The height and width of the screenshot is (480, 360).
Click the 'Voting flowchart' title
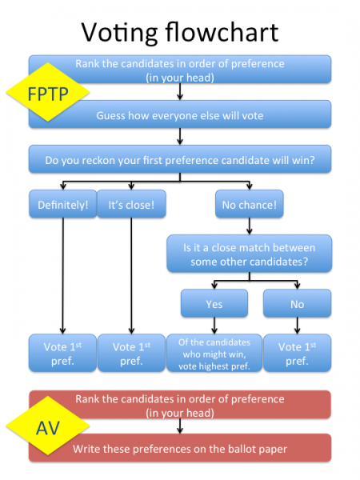pos(180,32)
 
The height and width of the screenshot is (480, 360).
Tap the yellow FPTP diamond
pos(48,92)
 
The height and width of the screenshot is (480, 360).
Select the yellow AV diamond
pos(48,426)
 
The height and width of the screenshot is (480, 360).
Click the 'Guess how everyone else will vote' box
pos(180,114)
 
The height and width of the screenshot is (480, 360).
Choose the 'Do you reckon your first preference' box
pos(180,159)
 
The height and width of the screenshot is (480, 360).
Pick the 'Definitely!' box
pos(62,204)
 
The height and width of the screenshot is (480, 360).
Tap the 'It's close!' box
pos(131,204)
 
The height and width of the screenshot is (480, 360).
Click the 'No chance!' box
pos(249,204)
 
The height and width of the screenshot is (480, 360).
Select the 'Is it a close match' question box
pos(249,254)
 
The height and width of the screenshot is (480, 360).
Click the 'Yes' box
pos(214,303)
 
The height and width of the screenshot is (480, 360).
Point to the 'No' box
pos(298,303)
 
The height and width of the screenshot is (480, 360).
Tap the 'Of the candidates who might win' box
pos(214,353)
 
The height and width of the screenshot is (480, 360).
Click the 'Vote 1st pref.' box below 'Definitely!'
pos(62,353)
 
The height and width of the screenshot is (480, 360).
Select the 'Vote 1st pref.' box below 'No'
pos(298,353)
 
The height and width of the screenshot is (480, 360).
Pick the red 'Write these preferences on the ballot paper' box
pos(180,448)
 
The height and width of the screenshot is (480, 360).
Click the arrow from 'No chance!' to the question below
pos(249,226)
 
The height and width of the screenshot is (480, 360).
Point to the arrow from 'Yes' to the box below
pos(214,326)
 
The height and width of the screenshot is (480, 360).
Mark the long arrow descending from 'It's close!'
pos(131,276)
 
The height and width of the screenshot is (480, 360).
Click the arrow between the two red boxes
pos(180,426)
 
